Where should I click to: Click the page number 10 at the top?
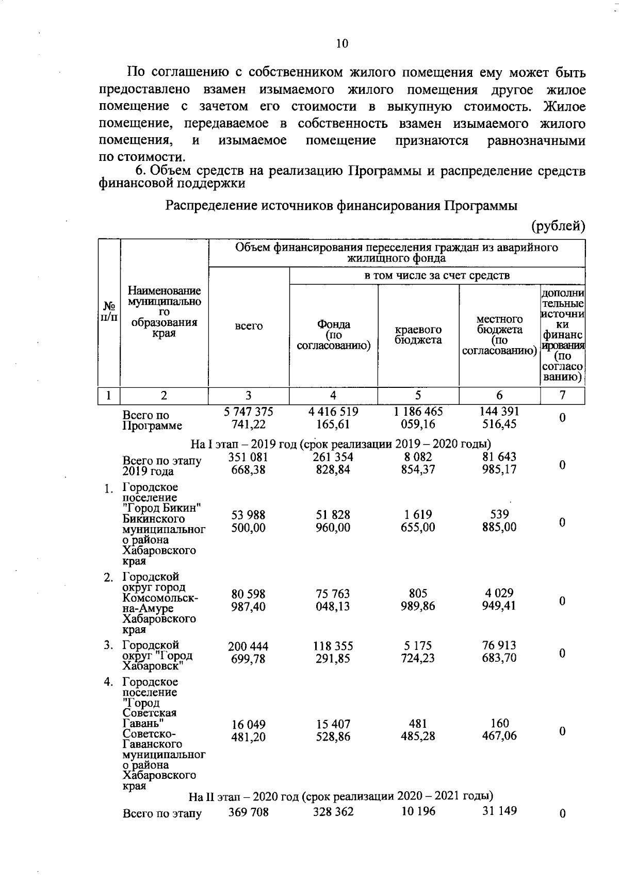click(x=342, y=43)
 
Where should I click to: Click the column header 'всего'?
click(x=249, y=326)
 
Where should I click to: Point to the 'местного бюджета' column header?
click(x=499, y=335)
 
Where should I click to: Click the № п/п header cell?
click(x=109, y=312)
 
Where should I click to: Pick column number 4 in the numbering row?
click(x=333, y=395)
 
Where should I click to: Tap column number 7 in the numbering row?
click(x=562, y=395)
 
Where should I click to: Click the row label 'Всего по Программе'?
click(x=152, y=420)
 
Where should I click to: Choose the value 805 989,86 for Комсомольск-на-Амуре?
click(x=418, y=599)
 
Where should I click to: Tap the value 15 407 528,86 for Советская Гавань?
click(x=333, y=730)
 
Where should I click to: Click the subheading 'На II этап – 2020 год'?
click(x=341, y=796)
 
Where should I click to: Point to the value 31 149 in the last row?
click(x=499, y=811)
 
